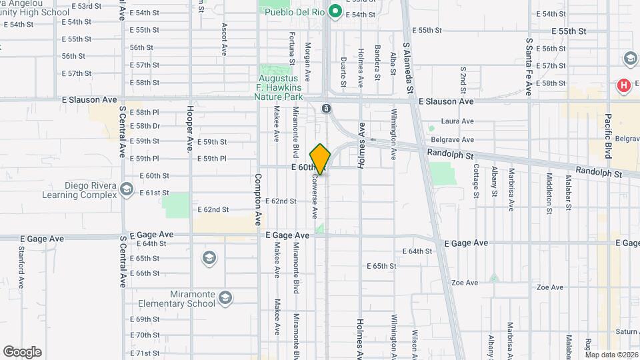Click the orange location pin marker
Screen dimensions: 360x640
tap(320, 159)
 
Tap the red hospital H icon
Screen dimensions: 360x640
tap(623, 85)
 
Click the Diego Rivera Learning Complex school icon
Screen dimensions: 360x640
tap(126, 190)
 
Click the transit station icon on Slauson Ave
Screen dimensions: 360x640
tap(326, 108)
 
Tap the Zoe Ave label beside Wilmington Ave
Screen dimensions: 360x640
tap(465, 283)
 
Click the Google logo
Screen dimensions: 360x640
tap(22, 352)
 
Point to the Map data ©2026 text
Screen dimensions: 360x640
tap(611, 355)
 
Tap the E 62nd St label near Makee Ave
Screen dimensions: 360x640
tap(281, 201)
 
